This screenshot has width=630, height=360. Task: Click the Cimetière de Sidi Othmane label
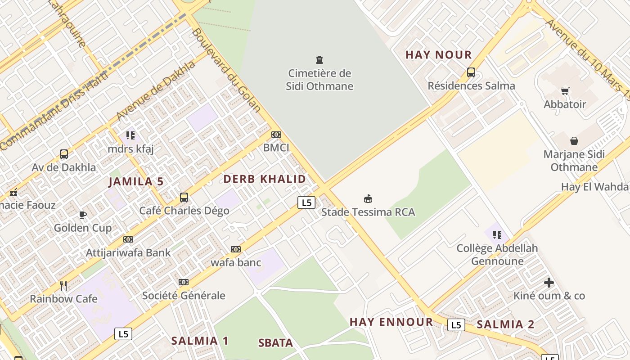[x=319, y=80]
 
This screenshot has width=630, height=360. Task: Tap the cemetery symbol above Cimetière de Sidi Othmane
[x=319, y=59]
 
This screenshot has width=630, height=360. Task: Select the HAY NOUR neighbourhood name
[x=438, y=55]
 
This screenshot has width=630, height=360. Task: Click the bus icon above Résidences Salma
[x=471, y=72]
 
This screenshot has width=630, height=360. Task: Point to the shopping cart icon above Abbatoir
[x=565, y=91]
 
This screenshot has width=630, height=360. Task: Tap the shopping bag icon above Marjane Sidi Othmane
[x=574, y=141]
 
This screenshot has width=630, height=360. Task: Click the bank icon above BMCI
[x=276, y=135]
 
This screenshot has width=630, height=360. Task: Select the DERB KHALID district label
[x=265, y=179]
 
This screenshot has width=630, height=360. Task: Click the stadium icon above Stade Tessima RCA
[x=368, y=198]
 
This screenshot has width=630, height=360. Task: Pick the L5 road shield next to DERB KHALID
[x=306, y=202]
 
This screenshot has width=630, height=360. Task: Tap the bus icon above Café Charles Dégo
[x=184, y=197]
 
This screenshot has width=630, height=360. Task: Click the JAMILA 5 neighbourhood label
[x=136, y=182]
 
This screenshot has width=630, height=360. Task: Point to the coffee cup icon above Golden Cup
[x=82, y=214]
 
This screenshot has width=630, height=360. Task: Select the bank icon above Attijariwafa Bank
[x=128, y=239]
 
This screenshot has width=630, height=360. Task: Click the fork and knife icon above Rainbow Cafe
[x=63, y=285]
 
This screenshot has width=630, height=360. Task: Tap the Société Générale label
[x=184, y=296]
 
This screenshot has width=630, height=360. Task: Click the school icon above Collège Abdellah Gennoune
[x=497, y=234]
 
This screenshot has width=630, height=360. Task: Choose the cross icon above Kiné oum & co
[x=549, y=283]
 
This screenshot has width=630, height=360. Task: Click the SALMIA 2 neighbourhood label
[x=505, y=324]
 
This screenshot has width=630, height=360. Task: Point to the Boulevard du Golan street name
[x=226, y=70]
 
